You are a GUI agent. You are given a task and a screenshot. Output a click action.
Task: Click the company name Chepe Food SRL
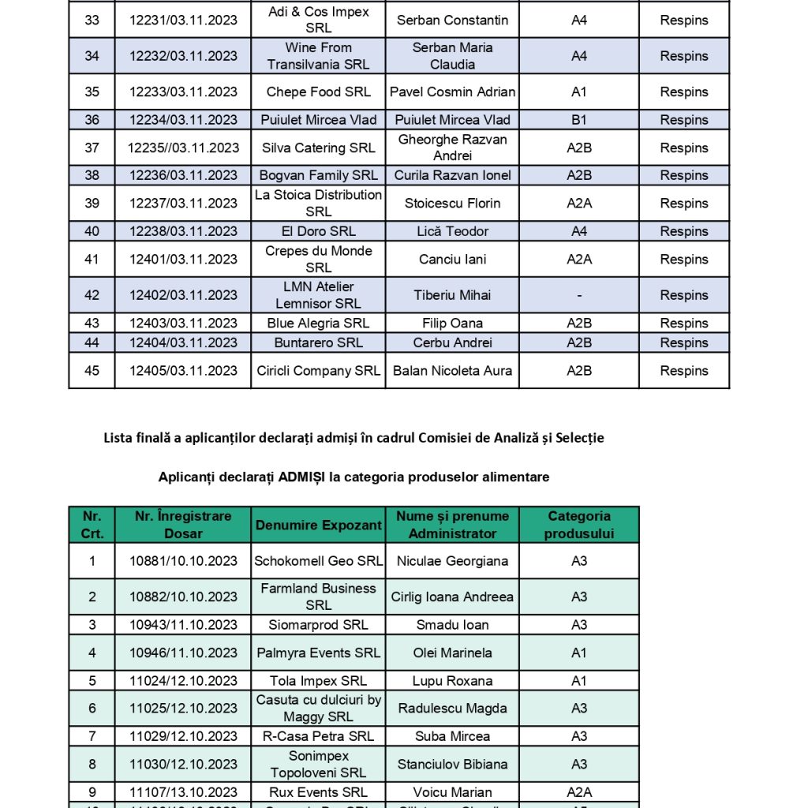tap(318, 92)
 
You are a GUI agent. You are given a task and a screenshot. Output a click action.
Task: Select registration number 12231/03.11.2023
tap(183, 20)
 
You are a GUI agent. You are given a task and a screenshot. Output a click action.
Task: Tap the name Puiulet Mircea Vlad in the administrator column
tap(452, 120)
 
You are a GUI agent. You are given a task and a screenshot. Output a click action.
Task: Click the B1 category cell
tap(578, 120)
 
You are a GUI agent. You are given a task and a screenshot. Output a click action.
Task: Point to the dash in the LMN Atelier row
tap(579, 295)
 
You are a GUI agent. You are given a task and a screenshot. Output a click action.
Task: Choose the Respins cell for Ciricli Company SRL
tap(683, 371)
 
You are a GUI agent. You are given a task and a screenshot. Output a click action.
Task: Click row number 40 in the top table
tap(92, 231)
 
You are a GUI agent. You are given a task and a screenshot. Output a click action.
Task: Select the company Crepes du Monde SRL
tap(318, 259)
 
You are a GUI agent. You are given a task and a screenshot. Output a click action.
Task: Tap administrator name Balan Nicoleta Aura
tap(452, 371)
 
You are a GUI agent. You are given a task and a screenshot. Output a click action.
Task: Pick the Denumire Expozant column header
tap(318, 525)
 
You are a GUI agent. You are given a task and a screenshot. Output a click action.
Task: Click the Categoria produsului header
tap(578, 525)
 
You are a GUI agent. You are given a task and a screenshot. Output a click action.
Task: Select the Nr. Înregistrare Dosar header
tap(183, 525)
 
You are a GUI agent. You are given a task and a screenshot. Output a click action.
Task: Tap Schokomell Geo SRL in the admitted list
tap(318, 561)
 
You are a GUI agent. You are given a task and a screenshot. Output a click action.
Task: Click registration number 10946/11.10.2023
tap(183, 653)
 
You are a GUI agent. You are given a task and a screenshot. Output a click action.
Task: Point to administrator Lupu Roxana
tap(452, 681)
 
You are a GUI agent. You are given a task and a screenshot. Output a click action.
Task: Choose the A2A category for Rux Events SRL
tap(578, 792)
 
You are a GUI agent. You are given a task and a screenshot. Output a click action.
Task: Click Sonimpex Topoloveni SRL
tap(318, 764)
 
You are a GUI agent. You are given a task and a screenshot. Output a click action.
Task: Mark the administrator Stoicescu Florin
tap(452, 204)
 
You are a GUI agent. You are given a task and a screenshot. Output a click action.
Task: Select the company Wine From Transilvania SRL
tap(318, 56)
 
